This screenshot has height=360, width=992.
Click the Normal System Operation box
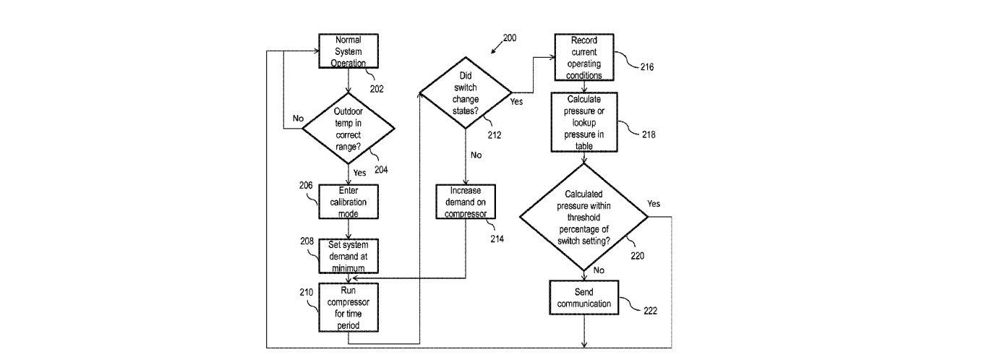[348, 51]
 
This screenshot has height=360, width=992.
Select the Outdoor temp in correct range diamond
[348, 129]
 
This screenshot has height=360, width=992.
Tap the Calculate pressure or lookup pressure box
[584, 121]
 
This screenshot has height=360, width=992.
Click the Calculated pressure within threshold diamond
[585, 216]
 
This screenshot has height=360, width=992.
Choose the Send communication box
[584, 297]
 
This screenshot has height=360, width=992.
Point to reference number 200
[509, 38]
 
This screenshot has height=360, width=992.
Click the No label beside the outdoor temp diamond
[298, 119]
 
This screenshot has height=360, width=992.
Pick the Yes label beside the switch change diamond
[516, 102]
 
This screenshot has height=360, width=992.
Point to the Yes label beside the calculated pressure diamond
[654, 203]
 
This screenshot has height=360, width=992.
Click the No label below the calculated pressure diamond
[599, 269]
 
